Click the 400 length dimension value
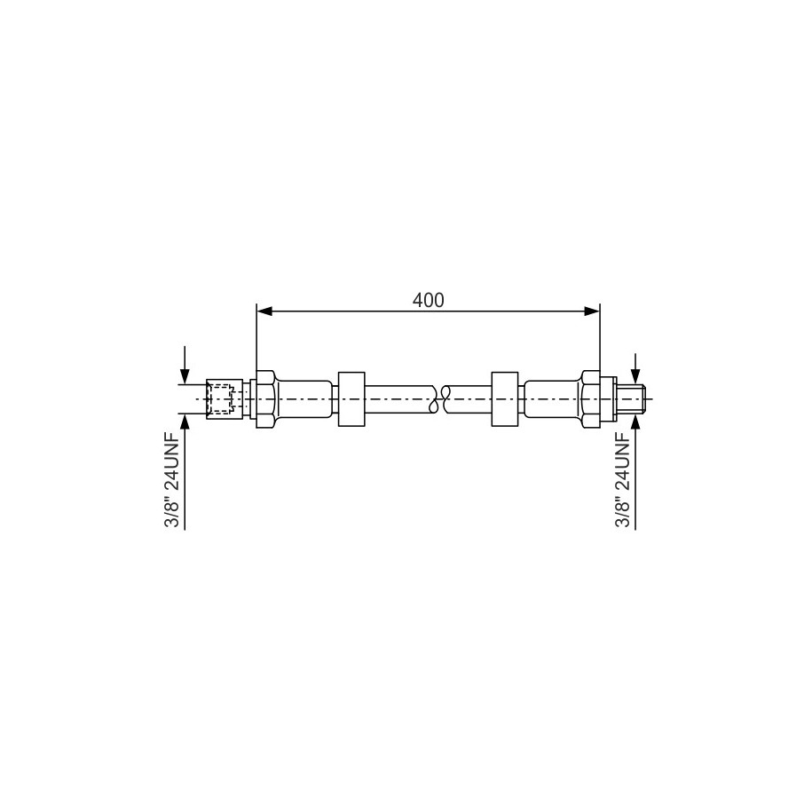pyautogui.click(x=429, y=300)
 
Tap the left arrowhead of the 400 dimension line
pyautogui.click(x=264, y=311)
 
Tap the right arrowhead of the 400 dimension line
pyautogui.click(x=592, y=311)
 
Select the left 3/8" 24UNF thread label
pyautogui.click(x=172, y=479)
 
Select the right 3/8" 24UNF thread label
pyautogui.click(x=623, y=479)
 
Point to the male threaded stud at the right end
pyautogui.click(x=631, y=398)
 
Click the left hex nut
pyautogui.click(x=265, y=398)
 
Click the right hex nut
pyautogui.click(x=590, y=398)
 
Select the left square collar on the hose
pyautogui.click(x=351, y=398)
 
